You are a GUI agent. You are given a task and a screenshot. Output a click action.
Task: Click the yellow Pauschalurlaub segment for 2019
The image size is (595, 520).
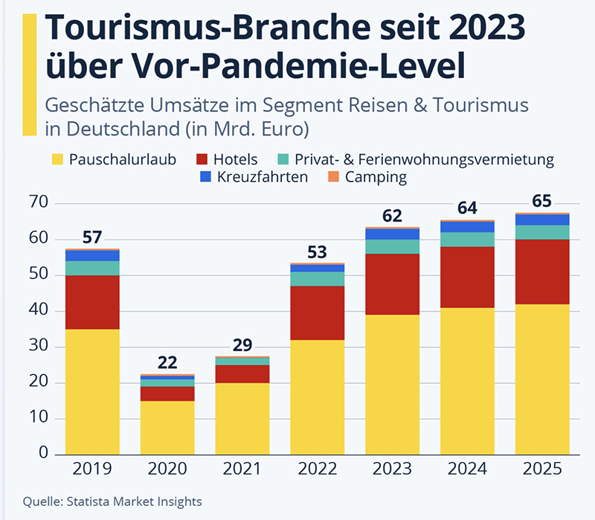[x=92, y=391]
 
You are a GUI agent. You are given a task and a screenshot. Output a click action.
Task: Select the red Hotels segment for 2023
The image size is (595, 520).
[x=392, y=284]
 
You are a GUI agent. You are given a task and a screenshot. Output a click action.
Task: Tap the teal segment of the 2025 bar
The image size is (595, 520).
[x=541, y=232]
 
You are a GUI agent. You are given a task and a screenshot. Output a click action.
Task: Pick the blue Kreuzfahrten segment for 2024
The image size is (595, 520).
[x=467, y=227]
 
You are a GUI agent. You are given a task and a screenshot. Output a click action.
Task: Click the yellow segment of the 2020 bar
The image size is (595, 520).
[x=167, y=427]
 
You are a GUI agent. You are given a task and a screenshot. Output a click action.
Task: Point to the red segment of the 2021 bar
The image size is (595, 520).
[x=242, y=374]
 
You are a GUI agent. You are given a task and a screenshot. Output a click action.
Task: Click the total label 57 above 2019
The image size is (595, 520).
[x=92, y=237]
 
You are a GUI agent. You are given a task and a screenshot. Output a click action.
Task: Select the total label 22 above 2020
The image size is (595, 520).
[x=167, y=363]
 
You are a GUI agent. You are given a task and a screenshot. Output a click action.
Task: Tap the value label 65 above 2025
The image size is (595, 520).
[x=541, y=202]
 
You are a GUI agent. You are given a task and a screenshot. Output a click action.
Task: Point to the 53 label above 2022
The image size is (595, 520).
[x=317, y=251]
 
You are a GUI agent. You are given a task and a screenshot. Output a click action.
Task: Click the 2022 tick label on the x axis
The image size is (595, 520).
[x=317, y=469]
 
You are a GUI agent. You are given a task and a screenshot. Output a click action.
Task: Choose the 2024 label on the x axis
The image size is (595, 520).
[x=467, y=469]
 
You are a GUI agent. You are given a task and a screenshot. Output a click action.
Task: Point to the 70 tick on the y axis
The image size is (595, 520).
[x=39, y=203]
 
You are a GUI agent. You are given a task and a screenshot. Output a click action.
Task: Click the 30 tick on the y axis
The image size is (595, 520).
[x=39, y=347]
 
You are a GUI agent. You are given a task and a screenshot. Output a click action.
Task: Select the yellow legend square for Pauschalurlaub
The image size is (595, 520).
[x=57, y=159]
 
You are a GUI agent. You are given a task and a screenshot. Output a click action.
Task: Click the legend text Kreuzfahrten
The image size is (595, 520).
[x=264, y=177]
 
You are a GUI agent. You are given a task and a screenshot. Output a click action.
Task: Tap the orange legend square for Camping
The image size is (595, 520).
[x=333, y=177]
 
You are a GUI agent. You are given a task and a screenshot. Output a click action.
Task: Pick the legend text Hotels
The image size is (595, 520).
[x=235, y=159]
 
